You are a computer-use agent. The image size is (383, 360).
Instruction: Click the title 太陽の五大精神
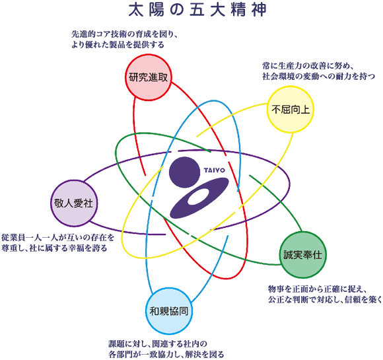(197, 10)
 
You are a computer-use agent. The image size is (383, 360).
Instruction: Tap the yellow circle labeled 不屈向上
(290, 109)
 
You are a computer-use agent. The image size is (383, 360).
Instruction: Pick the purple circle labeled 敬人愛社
(74, 203)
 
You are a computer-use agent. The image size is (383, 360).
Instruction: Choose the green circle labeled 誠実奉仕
(303, 255)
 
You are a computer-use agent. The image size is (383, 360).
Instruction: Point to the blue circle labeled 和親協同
(169, 311)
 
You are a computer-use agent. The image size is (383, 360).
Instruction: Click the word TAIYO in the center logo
(215, 170)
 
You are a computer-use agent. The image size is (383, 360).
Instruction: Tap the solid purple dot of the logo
(184, 172)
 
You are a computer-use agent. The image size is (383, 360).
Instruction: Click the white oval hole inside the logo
(199, 197)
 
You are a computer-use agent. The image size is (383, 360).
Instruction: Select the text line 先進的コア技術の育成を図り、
(124, 34)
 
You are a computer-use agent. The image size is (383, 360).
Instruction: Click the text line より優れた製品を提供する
(118, 45)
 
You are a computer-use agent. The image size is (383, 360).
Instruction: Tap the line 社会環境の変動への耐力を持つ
(318, 77)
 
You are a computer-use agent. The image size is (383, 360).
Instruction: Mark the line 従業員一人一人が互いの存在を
(57, 238)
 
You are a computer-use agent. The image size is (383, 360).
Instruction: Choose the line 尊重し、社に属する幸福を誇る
(54, 248)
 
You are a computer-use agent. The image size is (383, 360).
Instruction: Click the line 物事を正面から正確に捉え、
(317, 289)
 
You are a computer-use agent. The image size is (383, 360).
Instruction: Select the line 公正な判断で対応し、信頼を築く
(325, 299)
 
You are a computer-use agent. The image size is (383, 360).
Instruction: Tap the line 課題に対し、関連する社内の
(158, 344)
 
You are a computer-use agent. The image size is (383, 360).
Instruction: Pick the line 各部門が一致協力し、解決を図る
(166, 354)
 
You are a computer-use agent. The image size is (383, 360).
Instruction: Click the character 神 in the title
(259, 10)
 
